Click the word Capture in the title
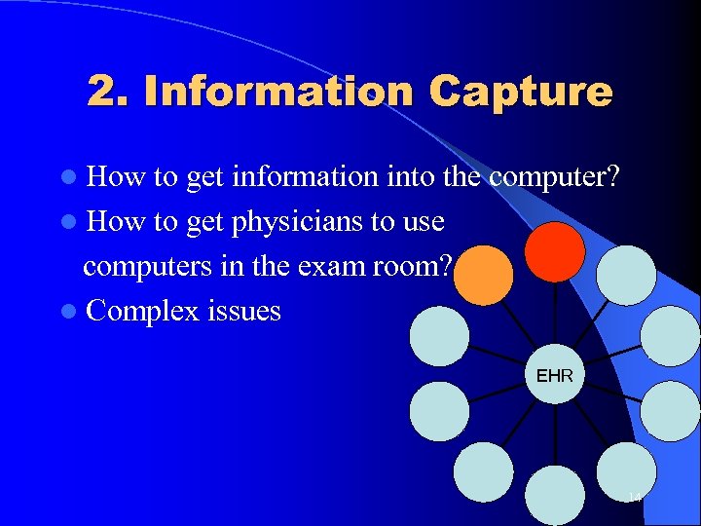(520, 93)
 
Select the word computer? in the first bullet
(556, 177)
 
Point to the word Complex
(142, 312)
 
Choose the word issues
(243, 312)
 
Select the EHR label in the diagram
(554, 375)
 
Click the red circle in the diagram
(555, 251)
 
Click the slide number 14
(634, 499)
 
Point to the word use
(421, 222)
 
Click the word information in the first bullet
(305, 177)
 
